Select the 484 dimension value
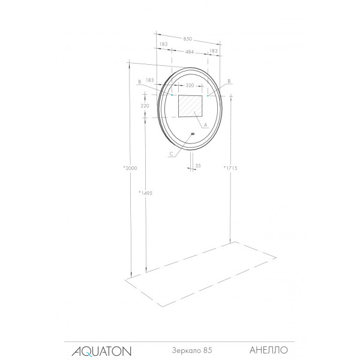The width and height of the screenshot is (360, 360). click(189, 52)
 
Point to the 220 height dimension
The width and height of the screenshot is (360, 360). click(145, 106)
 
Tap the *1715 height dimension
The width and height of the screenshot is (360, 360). click(230, 168)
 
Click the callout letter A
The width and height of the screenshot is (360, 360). click(205, 125)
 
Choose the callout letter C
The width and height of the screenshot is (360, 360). click(172, 154)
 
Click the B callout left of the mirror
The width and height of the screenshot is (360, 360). click(139, 81)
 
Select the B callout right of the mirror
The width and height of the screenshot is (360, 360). click(230, 80)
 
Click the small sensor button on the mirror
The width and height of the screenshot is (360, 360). click(193, 134)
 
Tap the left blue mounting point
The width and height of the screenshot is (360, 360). click(172, 95)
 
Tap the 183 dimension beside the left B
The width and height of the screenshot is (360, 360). click(150, 80)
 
